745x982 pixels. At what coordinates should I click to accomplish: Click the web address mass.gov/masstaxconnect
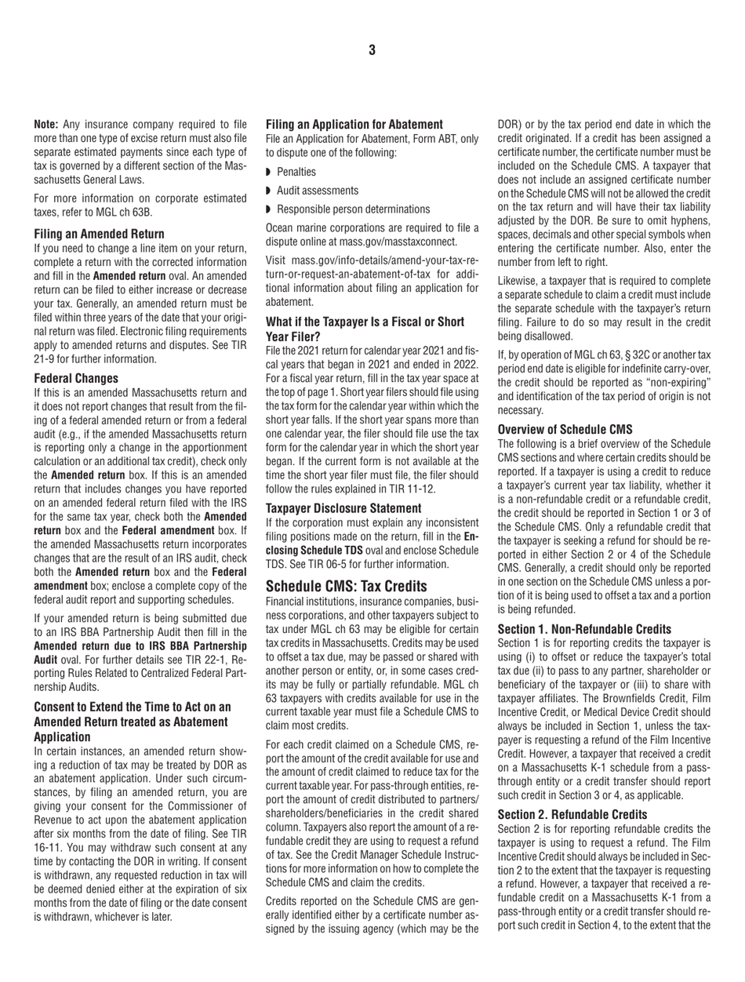[x=385, y=243]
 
